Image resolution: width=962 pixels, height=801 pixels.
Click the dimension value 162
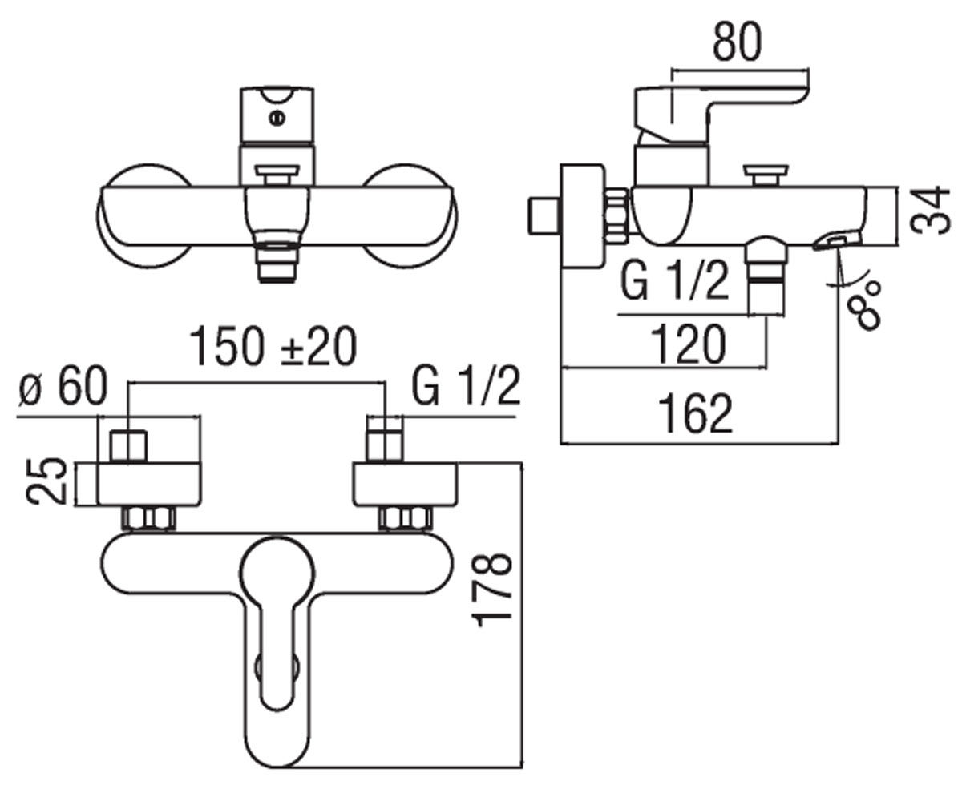695,413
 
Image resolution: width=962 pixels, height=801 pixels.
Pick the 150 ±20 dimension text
273,346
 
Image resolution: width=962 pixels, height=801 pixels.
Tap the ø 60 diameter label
63,386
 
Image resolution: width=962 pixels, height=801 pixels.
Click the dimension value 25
46,481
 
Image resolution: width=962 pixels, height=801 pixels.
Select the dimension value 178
491,590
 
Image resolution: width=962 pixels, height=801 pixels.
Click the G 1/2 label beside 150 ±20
466,386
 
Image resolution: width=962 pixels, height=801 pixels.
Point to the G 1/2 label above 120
675,282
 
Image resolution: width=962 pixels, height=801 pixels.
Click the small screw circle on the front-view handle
277,119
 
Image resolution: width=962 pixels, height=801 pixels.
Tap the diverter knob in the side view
766,175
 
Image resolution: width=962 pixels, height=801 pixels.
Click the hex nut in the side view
616,215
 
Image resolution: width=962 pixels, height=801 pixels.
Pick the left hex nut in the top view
149,518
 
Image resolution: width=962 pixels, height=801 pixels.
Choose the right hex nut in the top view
406,518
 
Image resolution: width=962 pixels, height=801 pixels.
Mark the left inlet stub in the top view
128,446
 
